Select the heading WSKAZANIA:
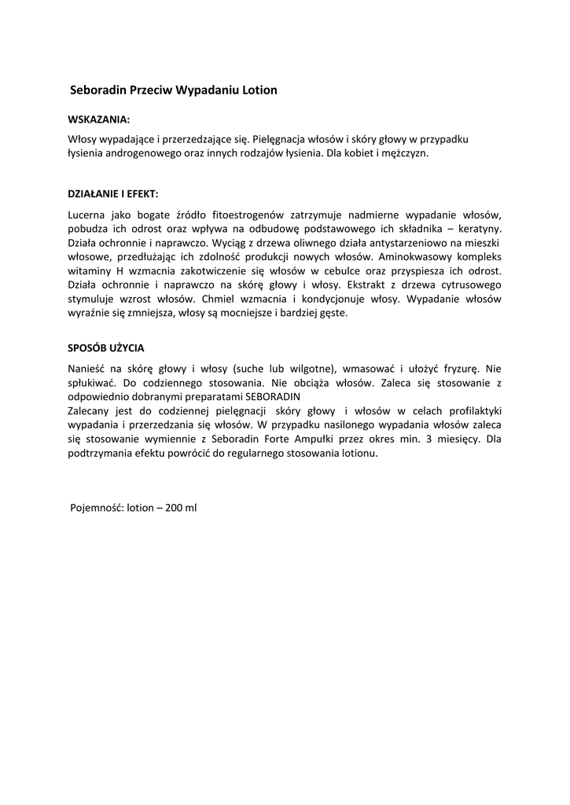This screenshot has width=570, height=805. [x=99, y=120]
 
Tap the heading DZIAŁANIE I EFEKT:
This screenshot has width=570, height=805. [x=113, y=193]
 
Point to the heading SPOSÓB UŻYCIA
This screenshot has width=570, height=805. [x=106, y=347]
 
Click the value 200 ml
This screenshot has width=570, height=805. [x=180, y=508]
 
